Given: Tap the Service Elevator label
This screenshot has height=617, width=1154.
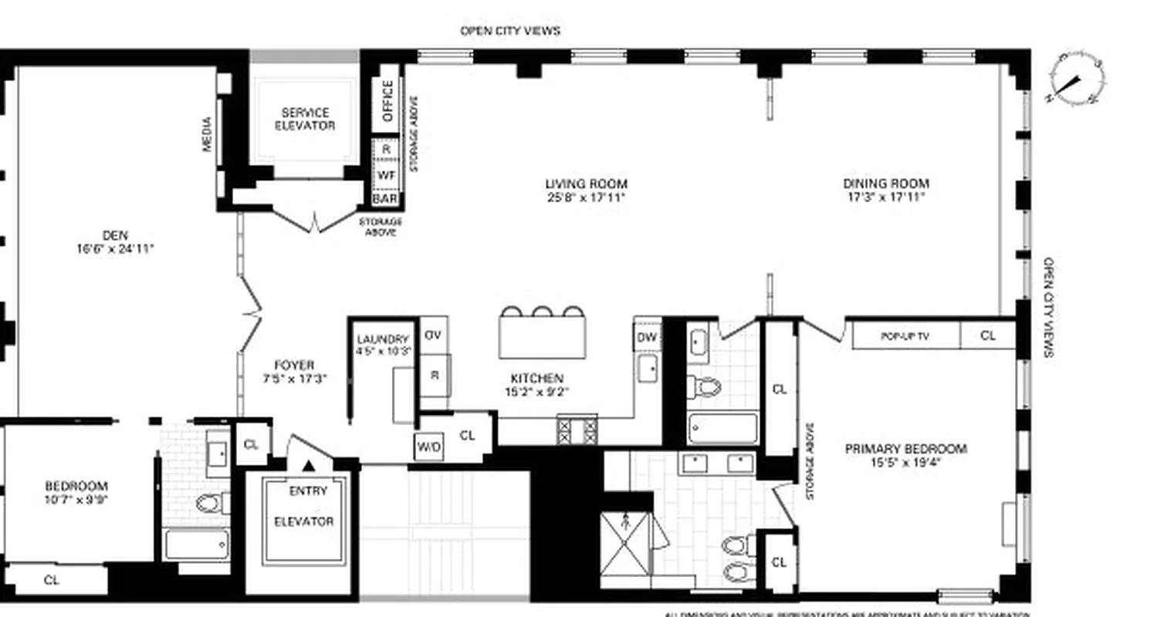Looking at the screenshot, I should click(x=305, y=119).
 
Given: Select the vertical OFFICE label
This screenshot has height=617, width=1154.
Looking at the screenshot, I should click(x=387, y=101).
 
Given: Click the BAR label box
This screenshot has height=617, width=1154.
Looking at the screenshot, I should click(x=385, y=199).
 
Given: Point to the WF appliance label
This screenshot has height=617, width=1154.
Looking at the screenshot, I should click(x=386, y=174).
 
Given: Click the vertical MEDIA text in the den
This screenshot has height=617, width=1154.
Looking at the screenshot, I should click(x=207, y=133).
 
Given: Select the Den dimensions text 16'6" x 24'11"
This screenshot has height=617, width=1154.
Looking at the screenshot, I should click(x=116, y=249).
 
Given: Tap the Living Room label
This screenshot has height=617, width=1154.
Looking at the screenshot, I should click(x=586, y=184).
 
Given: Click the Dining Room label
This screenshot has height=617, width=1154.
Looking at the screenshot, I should click(x=885, y=184).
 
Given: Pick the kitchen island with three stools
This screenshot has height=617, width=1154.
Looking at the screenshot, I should click(x=541, y=339).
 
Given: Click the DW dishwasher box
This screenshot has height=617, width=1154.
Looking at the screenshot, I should click(x=646, y=337).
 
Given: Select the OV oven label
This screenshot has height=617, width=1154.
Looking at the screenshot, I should click(x=433, y=335).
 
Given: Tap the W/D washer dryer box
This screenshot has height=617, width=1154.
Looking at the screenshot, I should click(x=428, y=447).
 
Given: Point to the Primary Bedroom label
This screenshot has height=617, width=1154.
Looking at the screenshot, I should click(x=905, y=449).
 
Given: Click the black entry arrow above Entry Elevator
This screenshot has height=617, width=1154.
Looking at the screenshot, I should click(x=309, y=465).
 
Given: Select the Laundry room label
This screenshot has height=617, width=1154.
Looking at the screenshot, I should click(x=383, y=339).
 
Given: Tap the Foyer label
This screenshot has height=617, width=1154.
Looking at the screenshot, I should click(x=294, y=366).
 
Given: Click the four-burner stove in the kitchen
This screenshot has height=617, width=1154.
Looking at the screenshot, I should click(x=577, y=430).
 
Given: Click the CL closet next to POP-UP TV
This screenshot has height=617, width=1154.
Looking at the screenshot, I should click(x=987, y=336).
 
